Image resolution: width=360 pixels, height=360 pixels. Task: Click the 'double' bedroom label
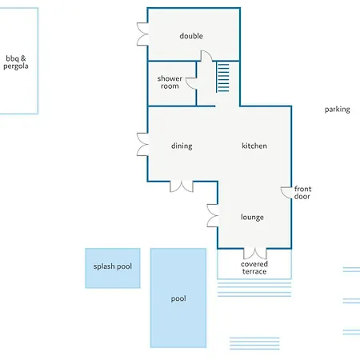tap(191, 36)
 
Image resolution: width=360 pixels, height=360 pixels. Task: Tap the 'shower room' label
tap(170, 82)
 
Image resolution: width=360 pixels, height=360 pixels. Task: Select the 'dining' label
tap(182, 146)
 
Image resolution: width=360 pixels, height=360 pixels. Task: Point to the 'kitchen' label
tap(254, 146)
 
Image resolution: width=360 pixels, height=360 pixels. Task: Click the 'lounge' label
tap(252, 217)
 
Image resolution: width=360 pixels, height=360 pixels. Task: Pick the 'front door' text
tap(302, 193)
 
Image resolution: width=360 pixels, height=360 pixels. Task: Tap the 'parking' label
tap(338, 110)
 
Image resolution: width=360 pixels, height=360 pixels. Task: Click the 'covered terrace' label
tap(254, 267)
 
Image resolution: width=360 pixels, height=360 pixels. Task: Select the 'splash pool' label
tap(113, 266)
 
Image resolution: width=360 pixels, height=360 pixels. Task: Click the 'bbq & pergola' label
tap(16, 62)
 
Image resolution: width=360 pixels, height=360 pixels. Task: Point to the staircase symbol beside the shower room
tap(222, 78)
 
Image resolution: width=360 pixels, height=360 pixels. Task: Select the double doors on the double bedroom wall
tap(142, 34)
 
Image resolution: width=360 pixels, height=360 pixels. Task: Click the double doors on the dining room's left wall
tap(142, 144)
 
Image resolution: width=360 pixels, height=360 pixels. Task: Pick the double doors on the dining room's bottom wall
tap(182, 186)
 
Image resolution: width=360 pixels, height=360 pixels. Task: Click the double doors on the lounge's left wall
tap(212, 216)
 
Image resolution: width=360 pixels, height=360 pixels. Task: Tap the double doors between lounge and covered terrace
tap(255, 254)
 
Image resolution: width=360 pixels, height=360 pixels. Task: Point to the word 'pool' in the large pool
tap(178, 298)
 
